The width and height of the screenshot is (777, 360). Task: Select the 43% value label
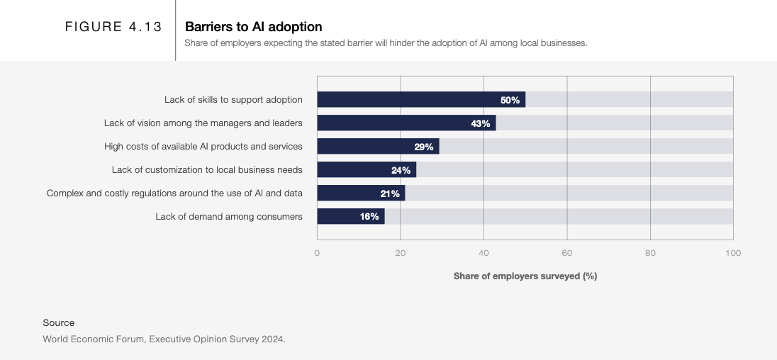[481, 123]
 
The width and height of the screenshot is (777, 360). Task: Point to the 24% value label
[401, 170]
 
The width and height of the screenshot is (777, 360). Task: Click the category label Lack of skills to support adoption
[233, 100]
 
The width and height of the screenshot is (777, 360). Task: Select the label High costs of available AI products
[203, 147]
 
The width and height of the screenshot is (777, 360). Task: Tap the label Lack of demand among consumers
[229, 217]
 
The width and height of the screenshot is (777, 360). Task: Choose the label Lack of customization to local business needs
[207, 170]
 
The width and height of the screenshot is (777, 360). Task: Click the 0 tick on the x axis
[317, 253]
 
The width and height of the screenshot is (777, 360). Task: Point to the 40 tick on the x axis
[483, 253]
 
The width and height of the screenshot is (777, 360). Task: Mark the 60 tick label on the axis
[567, 253]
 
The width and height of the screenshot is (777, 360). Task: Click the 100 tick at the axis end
[733, 253]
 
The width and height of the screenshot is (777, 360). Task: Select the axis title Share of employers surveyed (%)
[525, 276]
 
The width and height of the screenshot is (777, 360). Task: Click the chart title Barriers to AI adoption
[253, 27]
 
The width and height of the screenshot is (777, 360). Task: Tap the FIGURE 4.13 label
[113, 27]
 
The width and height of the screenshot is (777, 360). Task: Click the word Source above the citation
[58, 323]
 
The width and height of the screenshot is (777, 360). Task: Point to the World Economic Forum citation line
[164, 339]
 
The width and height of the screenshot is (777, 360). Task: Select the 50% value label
[510, 100]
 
